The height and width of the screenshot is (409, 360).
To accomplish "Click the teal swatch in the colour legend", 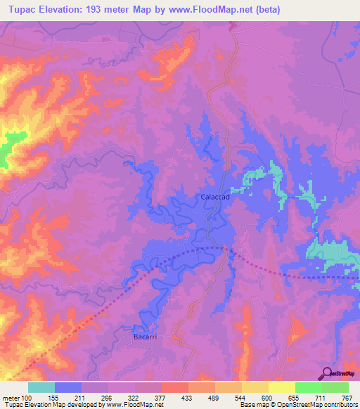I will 41,387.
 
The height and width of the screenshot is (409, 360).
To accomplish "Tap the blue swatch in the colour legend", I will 68,387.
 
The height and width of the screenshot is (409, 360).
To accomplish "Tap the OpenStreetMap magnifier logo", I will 326,372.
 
